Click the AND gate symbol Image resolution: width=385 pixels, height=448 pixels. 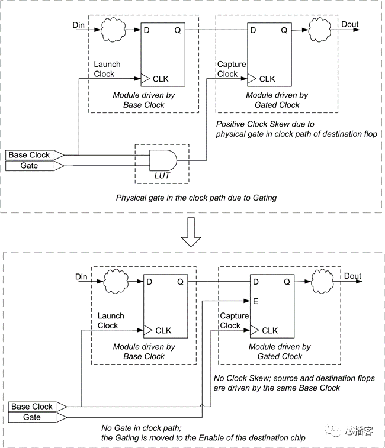pos(162,160)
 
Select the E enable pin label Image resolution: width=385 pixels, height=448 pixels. pos(255,301)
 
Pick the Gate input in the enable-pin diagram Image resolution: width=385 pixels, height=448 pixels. pos(33,418)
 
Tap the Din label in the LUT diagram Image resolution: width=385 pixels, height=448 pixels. pos(79,24)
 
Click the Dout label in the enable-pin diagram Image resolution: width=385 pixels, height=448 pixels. pos(352,276)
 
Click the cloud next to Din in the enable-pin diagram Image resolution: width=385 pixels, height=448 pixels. pos(114,282)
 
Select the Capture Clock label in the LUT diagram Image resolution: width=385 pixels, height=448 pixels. pos(227,69)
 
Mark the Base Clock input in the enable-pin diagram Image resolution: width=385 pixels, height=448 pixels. pos(33,407)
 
